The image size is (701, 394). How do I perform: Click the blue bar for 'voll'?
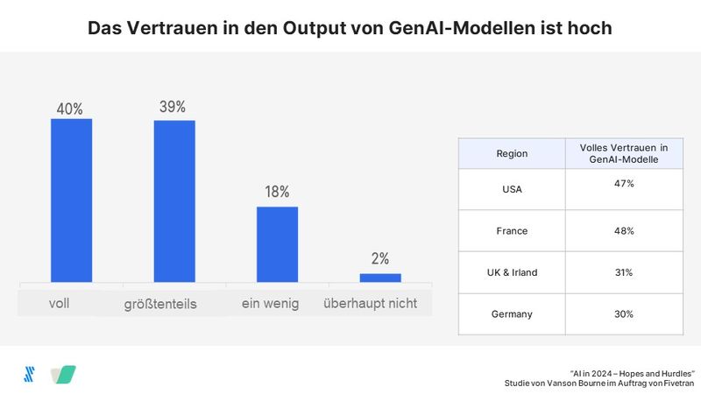(x=71, y=201)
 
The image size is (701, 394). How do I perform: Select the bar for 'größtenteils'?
(x=174, y=201)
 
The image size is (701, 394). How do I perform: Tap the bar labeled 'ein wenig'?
(x=277, y=244)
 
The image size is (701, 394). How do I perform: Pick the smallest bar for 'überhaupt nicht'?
(x=380, y=278)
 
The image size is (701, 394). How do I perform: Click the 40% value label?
(x=70, y=109)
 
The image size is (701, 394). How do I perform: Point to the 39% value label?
(x=173, y=107)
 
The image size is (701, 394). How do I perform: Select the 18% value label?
(x=277, y=192)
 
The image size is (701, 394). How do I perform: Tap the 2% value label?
(x=380, y=258)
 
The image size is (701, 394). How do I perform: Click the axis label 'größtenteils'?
(x=160, y=305)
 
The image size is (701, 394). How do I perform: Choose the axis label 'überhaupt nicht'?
(x=370, y=304)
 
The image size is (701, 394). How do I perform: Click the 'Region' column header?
(x=512, y=153)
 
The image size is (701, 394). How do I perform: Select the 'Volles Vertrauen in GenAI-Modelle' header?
(x=624, y=153)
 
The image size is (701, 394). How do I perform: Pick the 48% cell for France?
(x=624, y=230)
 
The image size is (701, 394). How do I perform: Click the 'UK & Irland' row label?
(x=512, y=272)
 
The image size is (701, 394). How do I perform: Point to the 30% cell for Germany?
(x=624, y=314)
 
